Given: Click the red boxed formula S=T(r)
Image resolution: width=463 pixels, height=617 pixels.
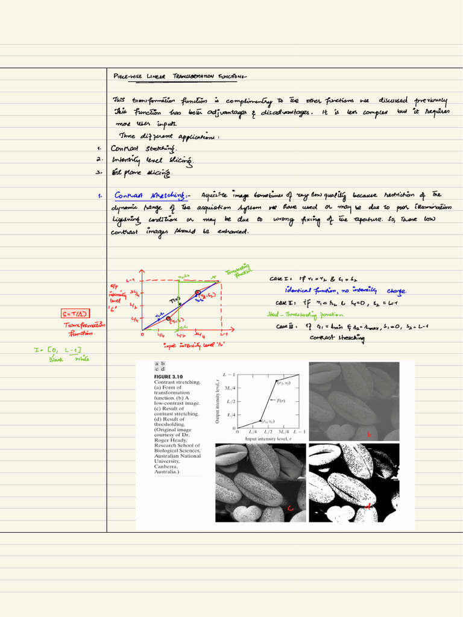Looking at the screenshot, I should (x=75, y=313).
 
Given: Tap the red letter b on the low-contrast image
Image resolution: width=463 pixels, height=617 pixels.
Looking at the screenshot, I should (x=370, y=435).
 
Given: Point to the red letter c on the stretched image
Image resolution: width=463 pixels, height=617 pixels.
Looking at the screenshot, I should (x=290, y=509).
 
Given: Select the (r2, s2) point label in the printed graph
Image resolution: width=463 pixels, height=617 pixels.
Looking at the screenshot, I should (x=284, y=383).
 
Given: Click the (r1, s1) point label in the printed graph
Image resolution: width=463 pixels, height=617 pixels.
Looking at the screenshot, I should (x=268, y=421).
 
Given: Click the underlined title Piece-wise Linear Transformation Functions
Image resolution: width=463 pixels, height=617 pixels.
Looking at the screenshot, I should (x=180, y=77).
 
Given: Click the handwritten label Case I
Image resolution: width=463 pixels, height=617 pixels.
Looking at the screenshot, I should (x=280, y=279).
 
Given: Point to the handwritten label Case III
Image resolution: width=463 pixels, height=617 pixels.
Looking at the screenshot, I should (x=286, y=327).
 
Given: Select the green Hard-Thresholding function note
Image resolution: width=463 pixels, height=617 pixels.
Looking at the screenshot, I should (x=305, y=315).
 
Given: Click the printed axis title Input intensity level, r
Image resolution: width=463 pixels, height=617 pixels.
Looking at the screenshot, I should (x=268, y=439).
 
